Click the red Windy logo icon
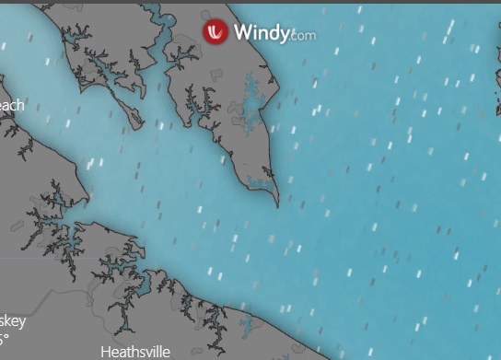216,32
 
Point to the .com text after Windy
302,36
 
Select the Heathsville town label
135,352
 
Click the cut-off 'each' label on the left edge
11,105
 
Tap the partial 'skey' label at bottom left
12,321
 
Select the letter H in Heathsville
105,352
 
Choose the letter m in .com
309,37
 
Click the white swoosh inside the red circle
216,32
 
